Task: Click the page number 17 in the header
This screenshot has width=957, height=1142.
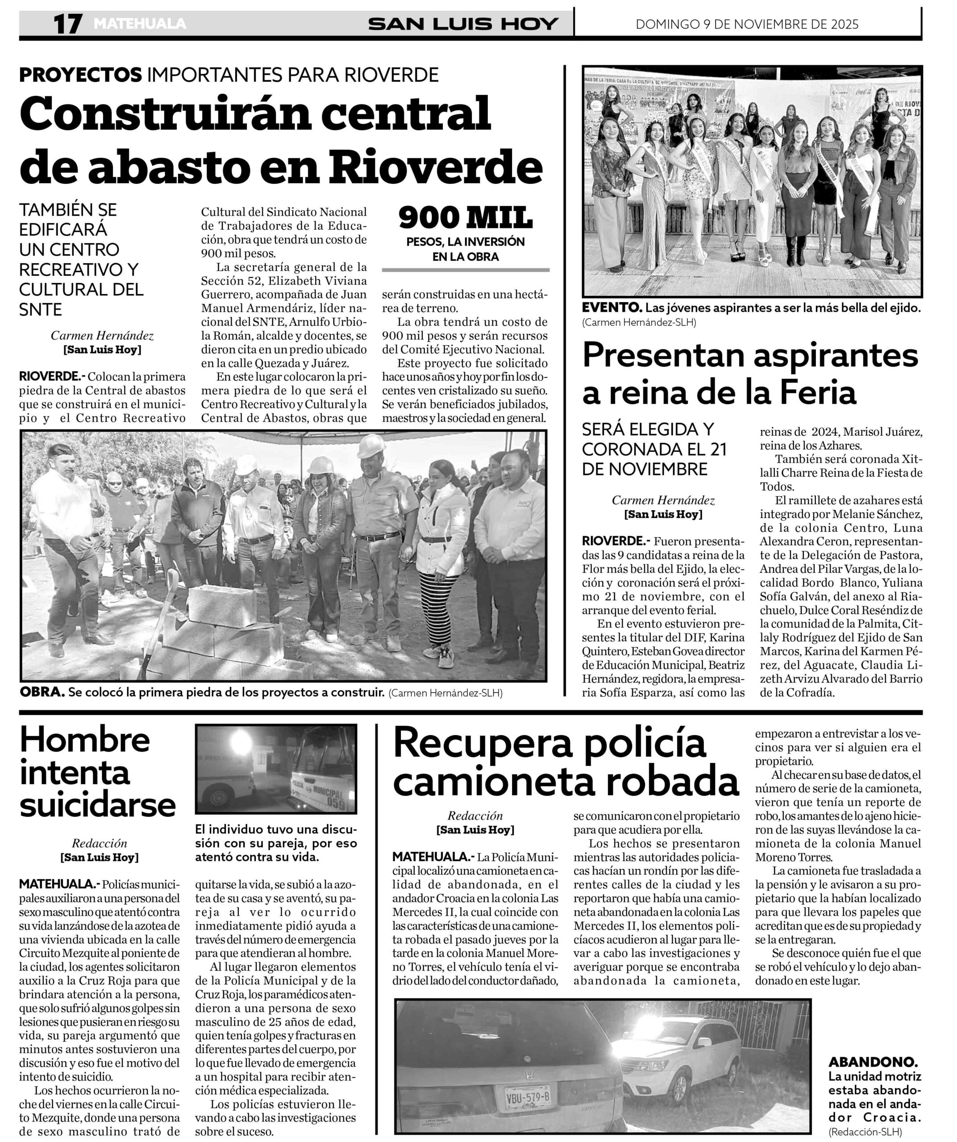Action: tap(67, 24)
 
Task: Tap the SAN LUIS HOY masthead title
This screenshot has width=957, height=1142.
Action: tap(463, 24)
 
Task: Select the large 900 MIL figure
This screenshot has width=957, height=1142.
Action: tap(465, 218)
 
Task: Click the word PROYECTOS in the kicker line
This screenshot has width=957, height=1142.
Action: tap(80, 74)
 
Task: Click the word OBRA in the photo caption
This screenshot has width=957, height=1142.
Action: tap(42, 693)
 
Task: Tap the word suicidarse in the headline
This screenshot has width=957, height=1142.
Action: tap(98, 805)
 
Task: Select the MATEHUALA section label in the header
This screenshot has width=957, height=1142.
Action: tap(139, 24)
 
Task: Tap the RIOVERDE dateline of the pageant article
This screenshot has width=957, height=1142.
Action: tap(616, 541)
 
